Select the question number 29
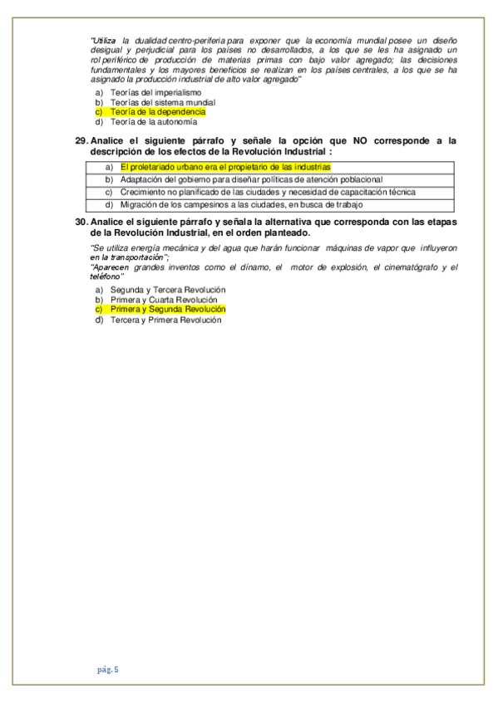coord(81,141)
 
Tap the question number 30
coord(81,223)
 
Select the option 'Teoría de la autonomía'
coord(154,121)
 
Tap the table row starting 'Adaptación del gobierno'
coord(251,179)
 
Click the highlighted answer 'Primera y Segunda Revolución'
coord(168,309)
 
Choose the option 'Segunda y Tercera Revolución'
coord(168,289)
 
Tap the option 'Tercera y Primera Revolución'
coord(166,320)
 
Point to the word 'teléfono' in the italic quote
coord(106,276)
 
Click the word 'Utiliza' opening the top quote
coord(105,41)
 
